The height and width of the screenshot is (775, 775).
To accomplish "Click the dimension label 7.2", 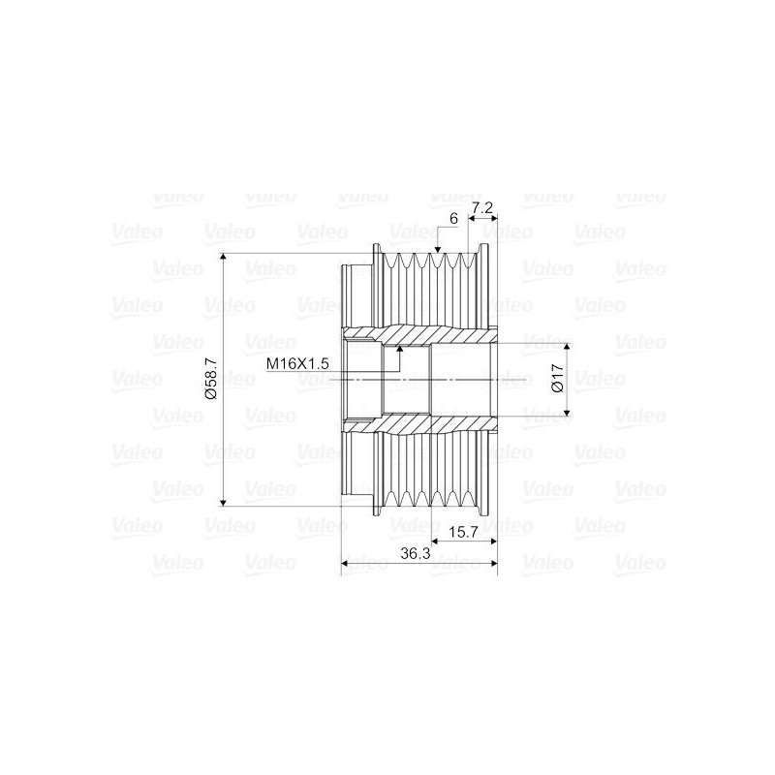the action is pyautogui.click(x=481, y=208).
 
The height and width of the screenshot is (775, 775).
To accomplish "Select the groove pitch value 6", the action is pyautogui.click(x=454, y=218).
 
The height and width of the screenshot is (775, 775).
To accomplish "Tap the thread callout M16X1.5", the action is pyautogui.click(x=297, y=364).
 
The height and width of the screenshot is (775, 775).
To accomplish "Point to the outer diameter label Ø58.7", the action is pyautogui.click(x=211, y=379).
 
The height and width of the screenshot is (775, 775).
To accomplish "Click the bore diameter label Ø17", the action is pyautogui.click(x=558, y=378).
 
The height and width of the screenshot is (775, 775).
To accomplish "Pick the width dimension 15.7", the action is pyautogui.click(x=463, y=532).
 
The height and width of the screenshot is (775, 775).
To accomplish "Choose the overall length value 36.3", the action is pyautogui.click(x=416, y=553).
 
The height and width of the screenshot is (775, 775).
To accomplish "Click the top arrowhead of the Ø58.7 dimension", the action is pyautogui.click(x=224, y=257).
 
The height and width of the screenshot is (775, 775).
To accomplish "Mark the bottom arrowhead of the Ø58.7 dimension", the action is pyautogui.click(x=224, y=502).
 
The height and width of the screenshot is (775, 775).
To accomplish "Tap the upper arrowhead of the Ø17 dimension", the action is pyautogui.click(x=567, y=346).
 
